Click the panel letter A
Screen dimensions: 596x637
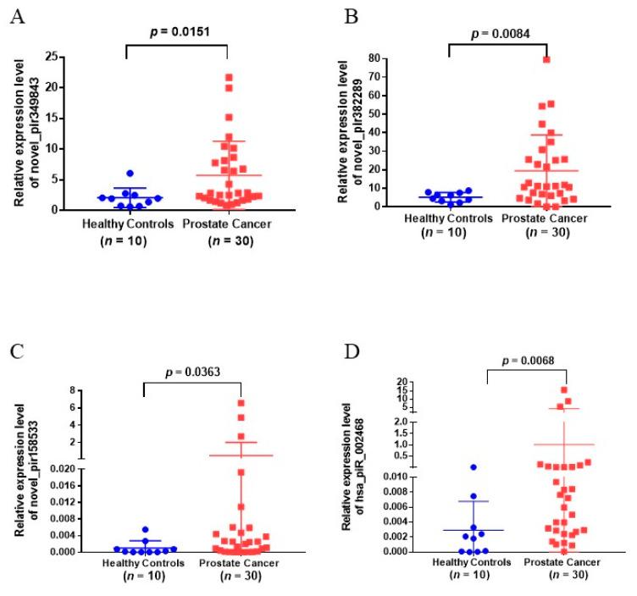pyautogui.click(x=16, y=18)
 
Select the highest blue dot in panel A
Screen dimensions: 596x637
pyautogui.click(x=130, y=174)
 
